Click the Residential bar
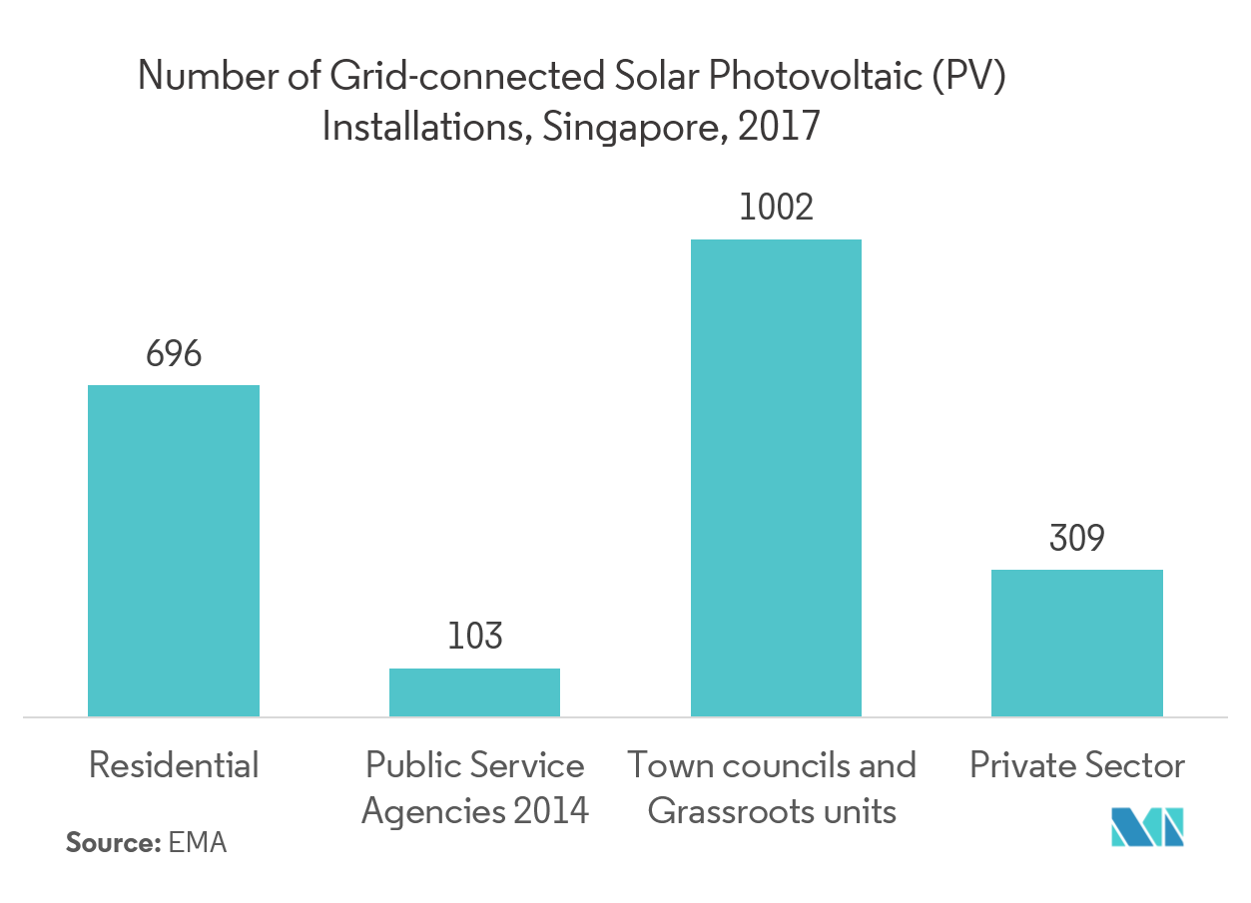(174, 550)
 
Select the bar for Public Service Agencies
(474, 691)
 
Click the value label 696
(174, 354)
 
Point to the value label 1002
(776, 208)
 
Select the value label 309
(1077, 539)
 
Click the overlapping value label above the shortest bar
(474, 637)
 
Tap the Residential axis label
(174, 766)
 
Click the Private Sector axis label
(1077, 766)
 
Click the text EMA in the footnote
(198, 843)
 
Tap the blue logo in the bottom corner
(1148, 826)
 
